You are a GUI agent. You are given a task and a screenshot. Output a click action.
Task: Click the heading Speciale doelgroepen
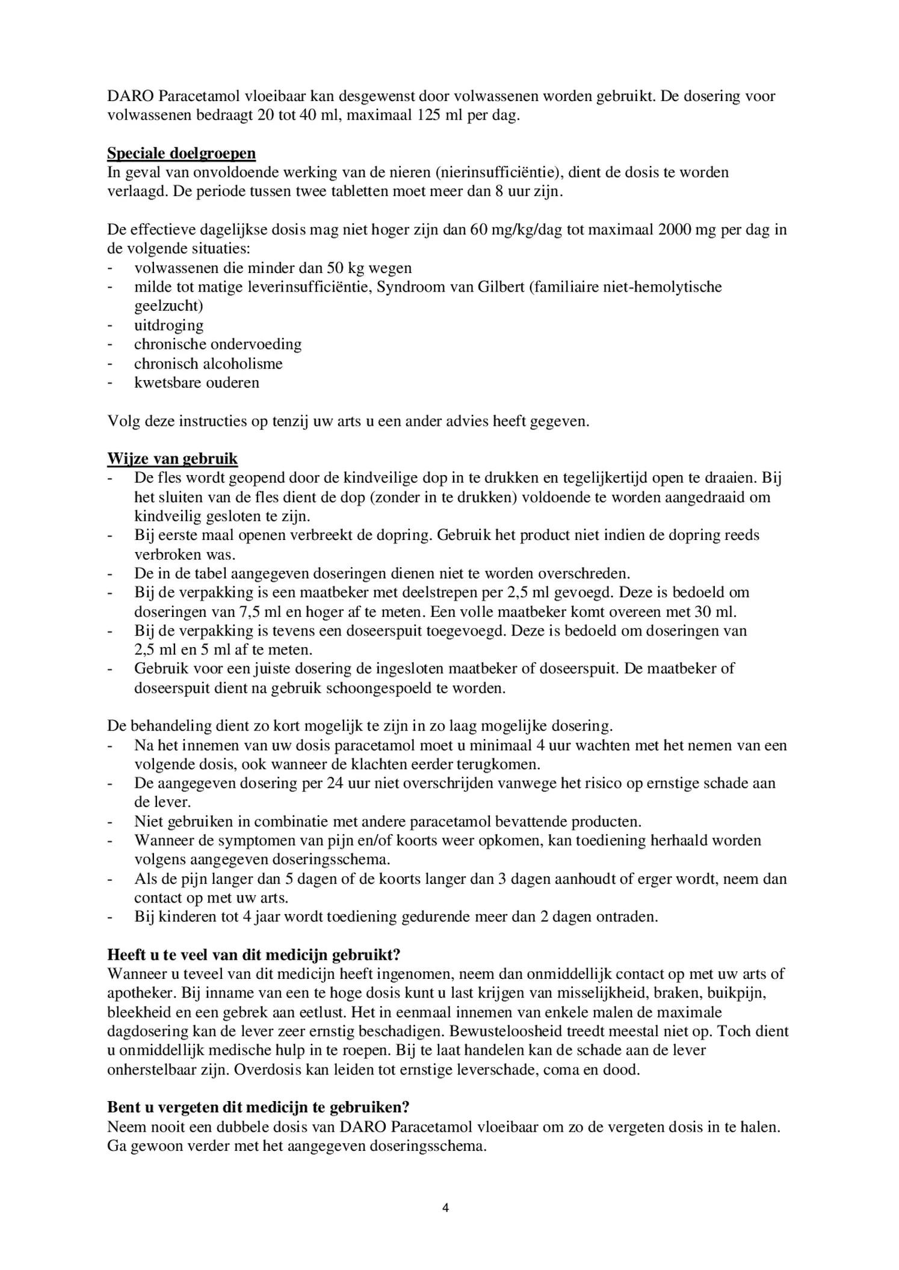point(181,153)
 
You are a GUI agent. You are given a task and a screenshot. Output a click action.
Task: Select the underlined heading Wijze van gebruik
point(172,459)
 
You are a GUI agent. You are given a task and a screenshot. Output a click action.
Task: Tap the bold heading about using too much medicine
point(254,955)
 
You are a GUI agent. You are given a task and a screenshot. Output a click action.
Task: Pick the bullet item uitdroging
point(168,325)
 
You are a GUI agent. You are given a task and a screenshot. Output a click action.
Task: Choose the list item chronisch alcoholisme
point(208,364)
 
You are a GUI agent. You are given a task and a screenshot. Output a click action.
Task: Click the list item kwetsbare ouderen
point(197,383)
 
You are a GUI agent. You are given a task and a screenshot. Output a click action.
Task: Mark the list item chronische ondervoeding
point(218,345)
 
